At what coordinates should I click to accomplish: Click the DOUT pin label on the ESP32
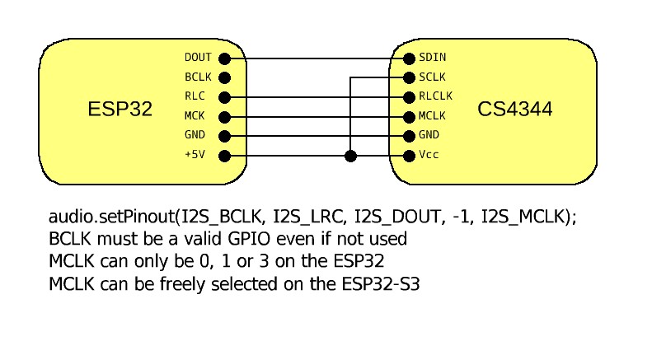tap(199, 58)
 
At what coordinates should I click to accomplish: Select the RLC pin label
tap(195, 96)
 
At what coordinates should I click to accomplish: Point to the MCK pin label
tap(195, 116)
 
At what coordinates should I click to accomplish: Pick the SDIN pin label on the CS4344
tap(433, 58)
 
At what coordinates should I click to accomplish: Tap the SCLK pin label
tap(433, 77)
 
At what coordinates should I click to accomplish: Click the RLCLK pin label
tap(436, 96)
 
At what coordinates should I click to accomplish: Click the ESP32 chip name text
tap(120, 109)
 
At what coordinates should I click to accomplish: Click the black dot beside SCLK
tap(409, 77)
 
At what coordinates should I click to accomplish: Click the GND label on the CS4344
tap(429, 136)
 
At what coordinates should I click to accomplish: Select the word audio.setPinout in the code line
tap(110, 217)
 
